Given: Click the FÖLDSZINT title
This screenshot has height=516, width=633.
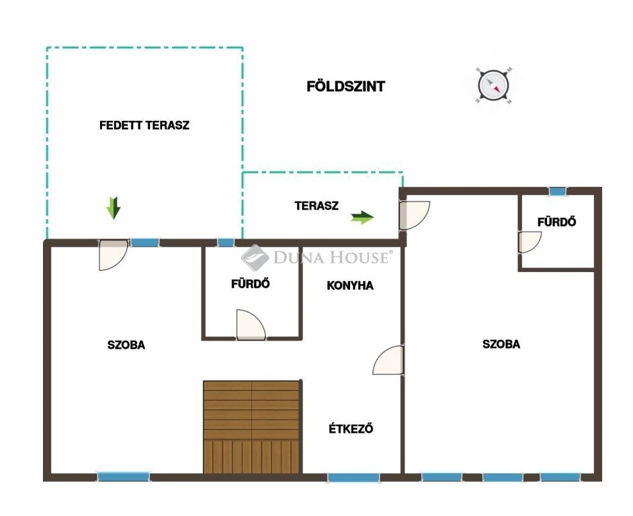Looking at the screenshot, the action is [345, 87].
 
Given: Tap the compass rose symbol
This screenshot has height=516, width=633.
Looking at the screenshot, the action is [493, 85].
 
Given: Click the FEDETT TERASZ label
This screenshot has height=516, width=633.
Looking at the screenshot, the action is [144, 125].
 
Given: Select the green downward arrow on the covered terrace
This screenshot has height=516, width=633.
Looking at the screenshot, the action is [114, 208].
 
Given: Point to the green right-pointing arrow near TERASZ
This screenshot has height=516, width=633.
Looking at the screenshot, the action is [362, 217].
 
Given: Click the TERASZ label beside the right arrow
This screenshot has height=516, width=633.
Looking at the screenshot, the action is [316, 206].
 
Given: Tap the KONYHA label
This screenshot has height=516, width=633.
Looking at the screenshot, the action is [350, 286].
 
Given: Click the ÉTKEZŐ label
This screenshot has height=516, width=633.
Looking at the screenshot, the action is [351, 429].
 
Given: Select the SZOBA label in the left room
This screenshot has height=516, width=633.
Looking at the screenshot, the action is [126, 345].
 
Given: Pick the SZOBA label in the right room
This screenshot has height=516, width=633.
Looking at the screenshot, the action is [501, 344].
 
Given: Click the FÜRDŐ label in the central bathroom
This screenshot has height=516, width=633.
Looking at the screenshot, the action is [250, 284].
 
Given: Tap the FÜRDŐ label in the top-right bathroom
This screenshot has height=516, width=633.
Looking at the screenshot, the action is [556, 222].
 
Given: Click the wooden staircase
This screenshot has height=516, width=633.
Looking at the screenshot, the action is [252, 427].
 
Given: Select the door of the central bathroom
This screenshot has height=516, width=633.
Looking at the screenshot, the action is [251, 325].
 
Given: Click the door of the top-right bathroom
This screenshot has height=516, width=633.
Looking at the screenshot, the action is [530, 243].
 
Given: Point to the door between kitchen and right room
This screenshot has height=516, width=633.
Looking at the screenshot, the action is [388, 360].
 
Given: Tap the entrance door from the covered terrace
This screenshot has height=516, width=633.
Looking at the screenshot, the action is [113, 255].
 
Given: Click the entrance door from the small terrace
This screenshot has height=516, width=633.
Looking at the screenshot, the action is [414, 215].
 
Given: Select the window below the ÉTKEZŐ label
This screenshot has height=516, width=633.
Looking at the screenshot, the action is [353, 478].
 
